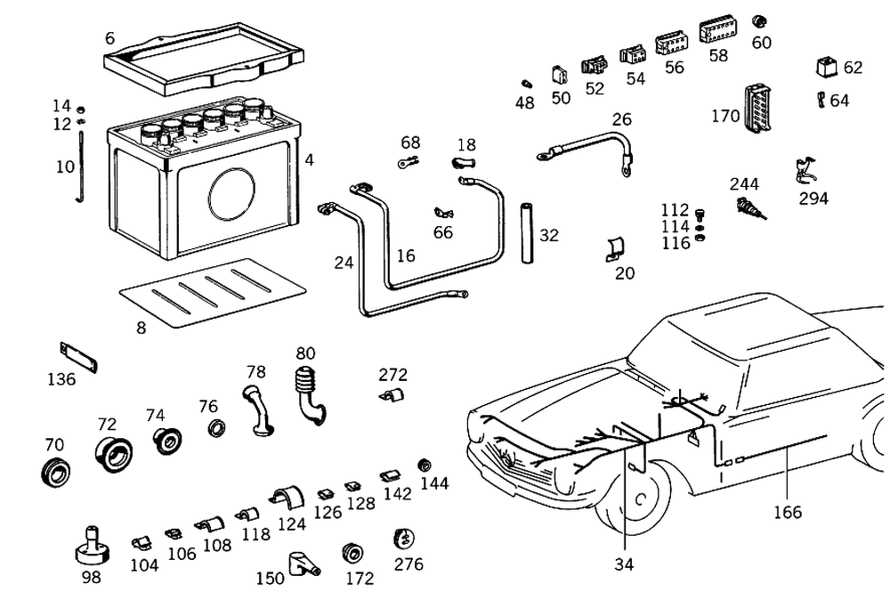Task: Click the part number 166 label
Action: coord(788,512)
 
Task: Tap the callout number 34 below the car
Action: coord(626,563)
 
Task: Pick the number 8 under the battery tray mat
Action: coord(141,327)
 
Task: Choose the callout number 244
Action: coord(745,184)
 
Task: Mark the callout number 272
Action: coord(392,375)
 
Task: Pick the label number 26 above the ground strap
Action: coord(621,118)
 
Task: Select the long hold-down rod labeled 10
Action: coord(81,166)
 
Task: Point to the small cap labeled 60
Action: coord(759,21)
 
